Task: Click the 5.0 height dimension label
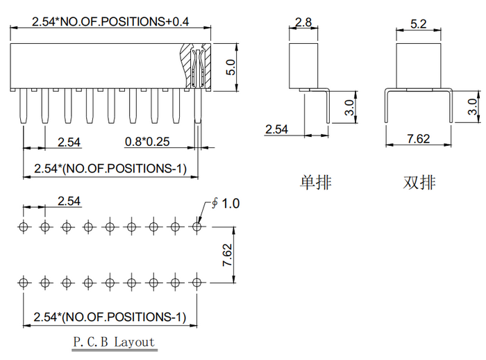click(231, 67)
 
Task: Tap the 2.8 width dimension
click(303, 22)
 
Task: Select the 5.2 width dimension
click(419, 24)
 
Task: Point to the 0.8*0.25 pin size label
click(147, 142)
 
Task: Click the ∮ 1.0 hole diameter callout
click(226, 204)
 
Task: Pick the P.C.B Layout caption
click(114, 342)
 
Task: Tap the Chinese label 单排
click(315, 182)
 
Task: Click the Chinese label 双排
click(419, 182)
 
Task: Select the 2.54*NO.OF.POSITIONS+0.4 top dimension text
click(110, 22)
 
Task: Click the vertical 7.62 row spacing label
click(227, 255)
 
